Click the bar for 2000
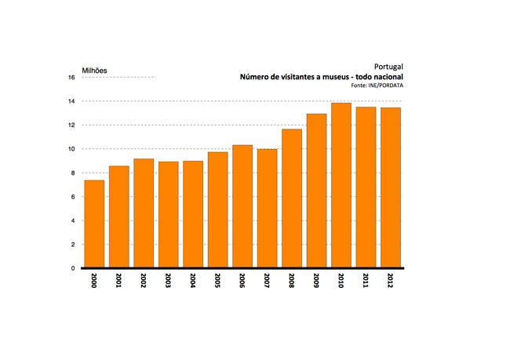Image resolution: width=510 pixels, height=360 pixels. [94, 224]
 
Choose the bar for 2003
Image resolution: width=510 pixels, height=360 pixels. [168, 215]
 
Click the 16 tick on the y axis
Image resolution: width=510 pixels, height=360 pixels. [71, 78]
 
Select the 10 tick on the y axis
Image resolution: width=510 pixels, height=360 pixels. [71, 149]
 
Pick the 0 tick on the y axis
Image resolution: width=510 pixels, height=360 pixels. [73, 268]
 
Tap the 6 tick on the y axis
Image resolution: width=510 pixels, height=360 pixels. [73, 197]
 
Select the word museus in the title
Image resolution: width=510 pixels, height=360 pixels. [338, 77]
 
